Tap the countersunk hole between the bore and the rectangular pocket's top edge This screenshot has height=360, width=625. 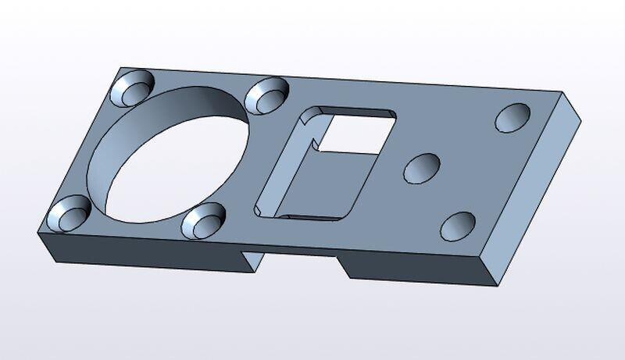click(266, 95)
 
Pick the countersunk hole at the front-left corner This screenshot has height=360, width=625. click(68, 212)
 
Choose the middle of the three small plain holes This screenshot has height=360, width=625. click(421, 167)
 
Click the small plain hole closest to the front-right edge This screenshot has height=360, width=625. click(458, 226)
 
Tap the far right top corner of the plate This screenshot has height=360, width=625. click(562, 94)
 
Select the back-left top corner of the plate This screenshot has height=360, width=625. click(117, 66)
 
